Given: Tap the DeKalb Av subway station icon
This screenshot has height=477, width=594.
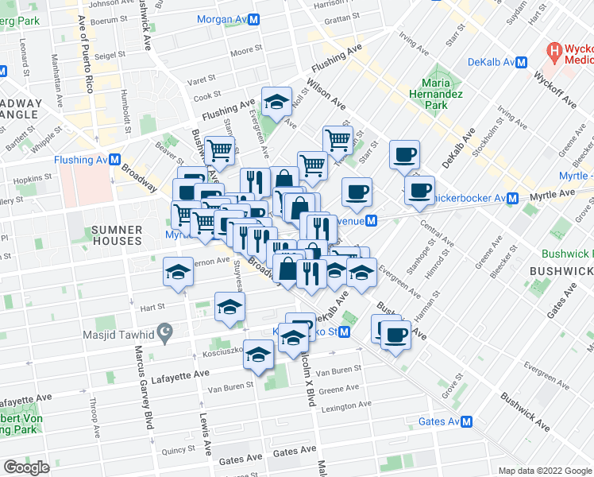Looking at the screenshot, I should (523, 62).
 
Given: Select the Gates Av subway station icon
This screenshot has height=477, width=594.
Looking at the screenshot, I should (468, 422).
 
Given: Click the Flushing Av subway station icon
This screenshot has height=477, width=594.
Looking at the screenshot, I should (115, 160).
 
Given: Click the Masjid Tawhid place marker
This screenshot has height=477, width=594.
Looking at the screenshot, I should (164, 333).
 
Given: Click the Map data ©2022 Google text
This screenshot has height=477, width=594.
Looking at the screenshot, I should (546, 471).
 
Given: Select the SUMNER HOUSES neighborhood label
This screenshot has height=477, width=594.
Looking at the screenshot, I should (117, 235).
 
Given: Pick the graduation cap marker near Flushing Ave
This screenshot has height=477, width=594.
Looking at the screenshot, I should (277, 102).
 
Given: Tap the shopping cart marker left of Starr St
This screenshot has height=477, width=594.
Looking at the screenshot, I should (338, 140).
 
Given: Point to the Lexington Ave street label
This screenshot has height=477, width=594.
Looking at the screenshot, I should (345, 405).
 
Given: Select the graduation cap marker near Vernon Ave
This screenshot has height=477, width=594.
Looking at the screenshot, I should (179, 273).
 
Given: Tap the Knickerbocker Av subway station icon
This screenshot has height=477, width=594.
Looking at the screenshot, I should (513, 198).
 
